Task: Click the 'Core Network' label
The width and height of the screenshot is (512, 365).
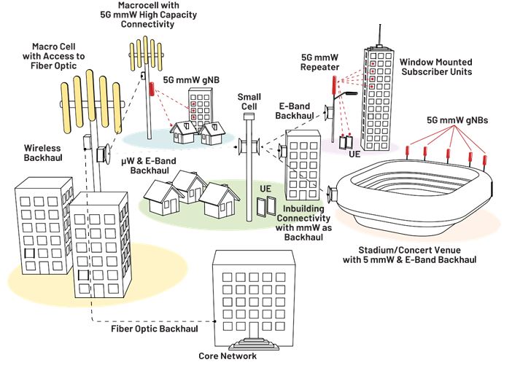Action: pos(228,356)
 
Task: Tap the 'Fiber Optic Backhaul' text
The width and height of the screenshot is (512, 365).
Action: pos(155,329)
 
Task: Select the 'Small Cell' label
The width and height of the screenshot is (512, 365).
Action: pos(249,101)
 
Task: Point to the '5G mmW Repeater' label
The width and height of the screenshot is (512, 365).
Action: pos(319,63)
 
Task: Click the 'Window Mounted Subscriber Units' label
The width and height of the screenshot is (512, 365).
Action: pos(436,67)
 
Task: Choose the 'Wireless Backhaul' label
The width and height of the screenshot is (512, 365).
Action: pos(43,153)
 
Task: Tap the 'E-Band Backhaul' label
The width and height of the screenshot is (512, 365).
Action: pos(294,111)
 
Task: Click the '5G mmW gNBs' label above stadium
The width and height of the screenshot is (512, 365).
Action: pos(457,120)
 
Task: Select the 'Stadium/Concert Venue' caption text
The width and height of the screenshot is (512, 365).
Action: pos(409,251)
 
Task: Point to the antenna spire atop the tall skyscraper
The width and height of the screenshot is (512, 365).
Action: pos(380,34)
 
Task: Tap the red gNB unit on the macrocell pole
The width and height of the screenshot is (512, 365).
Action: pos(152,89)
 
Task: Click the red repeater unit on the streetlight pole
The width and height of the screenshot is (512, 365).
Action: pos(334,85)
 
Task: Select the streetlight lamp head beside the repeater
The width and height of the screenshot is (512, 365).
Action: pos(352,93)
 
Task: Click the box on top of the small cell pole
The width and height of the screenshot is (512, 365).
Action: pos(249,117)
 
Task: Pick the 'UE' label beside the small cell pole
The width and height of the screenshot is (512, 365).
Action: pos(265,189)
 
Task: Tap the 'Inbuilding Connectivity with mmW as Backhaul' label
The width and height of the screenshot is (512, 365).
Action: pos(303,223)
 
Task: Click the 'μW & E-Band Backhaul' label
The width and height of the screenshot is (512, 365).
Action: pos(149,165)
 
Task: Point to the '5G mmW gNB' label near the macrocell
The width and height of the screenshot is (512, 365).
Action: pos(191,80)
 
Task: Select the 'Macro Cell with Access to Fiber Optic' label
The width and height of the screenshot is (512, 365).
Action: pos(53,56)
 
